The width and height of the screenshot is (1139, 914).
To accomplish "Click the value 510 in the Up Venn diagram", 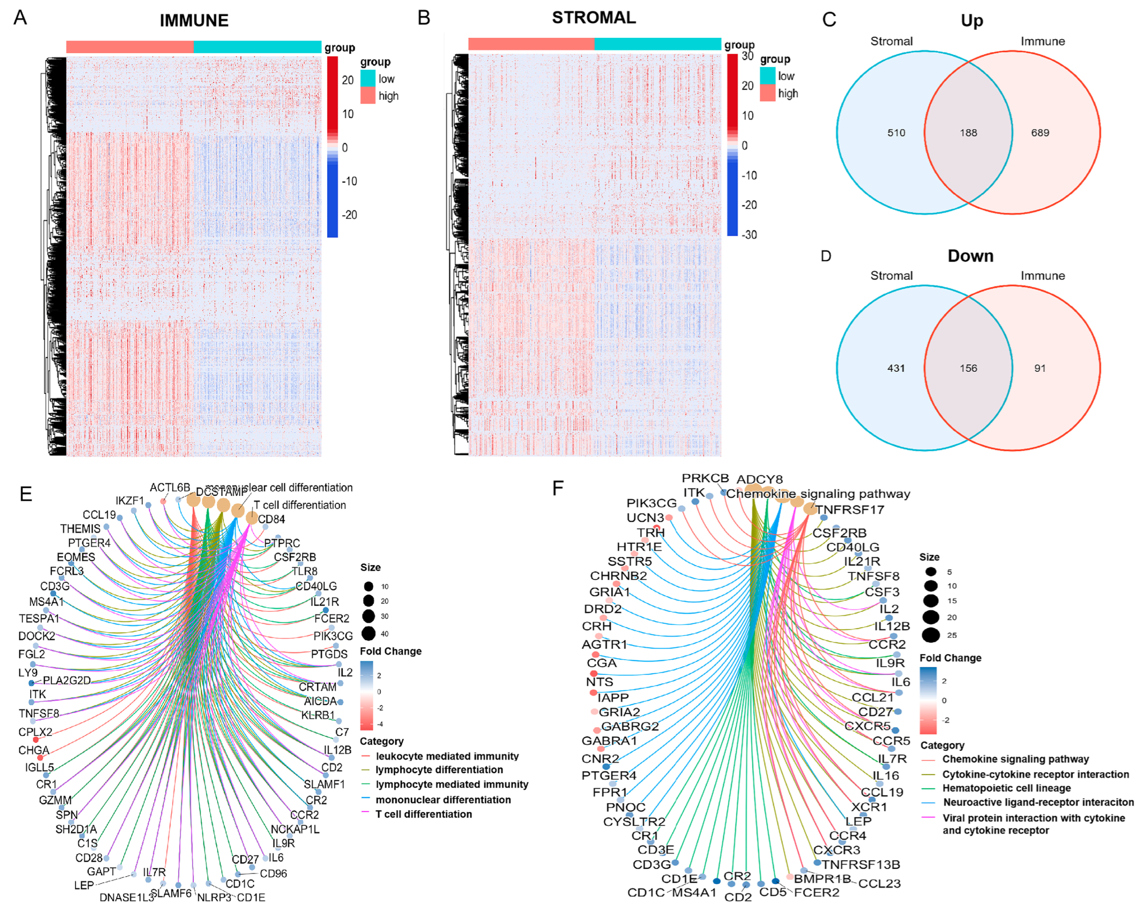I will [896, 133].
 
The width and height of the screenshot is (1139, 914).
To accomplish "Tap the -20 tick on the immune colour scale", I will [349, 215].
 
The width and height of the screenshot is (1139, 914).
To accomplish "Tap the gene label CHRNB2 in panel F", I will [618, 576].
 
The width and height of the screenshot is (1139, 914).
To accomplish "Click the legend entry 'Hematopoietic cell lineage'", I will [1006, 788].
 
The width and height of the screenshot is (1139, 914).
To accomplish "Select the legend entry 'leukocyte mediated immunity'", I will [447, 756].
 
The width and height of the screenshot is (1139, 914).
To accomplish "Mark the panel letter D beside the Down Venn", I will [826, 256].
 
